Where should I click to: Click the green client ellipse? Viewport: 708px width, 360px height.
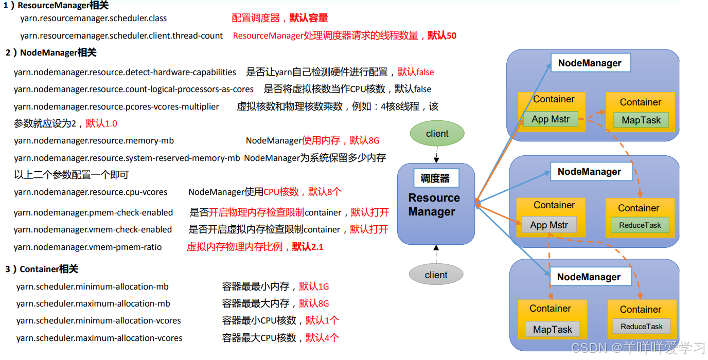pyautogui.click(x=437, y=134)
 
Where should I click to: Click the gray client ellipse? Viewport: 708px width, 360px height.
pyautogui.click(x=436, y=275)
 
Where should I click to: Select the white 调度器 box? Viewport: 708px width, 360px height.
pyautogui.click(x=436, y=178)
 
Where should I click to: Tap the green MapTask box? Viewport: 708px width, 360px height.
pyautogui.click(x=641, y=120)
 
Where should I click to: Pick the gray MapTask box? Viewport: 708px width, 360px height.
pyautogui.click(x=552, y=330)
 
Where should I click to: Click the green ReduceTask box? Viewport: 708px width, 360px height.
pyautogui.click(x=640, y=225)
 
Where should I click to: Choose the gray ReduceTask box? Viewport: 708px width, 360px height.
pyautogui.click(x=641, y=327)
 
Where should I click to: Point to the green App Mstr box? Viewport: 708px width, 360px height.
pyautogui.click(x=551, y=119)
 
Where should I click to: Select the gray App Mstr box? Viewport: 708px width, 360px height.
pyautogui.click(x=549, y=225)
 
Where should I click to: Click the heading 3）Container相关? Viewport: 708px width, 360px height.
pyautogui.click(x=42, y=269)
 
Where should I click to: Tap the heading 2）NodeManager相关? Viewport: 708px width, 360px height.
pyautogui.click(x=51, y=52)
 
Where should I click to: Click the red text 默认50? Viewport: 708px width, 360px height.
pyautogui.click(x=442, y=35)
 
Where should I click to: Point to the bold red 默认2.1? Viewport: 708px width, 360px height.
pyautogui.click(x=308, y=247)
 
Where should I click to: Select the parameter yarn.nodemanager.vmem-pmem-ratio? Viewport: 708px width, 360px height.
pyautogui.click(x=87, y=247)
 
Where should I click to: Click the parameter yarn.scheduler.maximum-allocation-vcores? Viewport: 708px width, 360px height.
pyautogui.click(x=99, y=338)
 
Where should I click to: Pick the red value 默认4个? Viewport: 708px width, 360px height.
pyautogui.click(x=322, y=338)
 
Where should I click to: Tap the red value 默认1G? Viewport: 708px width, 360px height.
pyautogui.click(x=314, y=286)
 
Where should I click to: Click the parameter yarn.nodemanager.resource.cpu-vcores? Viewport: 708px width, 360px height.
pyautogui.click(x=91, y=192)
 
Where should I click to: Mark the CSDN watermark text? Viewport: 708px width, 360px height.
pyautogui.click(x=638, y=348)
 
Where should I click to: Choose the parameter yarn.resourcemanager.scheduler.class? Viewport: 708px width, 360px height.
pyautogui.click(x=94, y=18)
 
